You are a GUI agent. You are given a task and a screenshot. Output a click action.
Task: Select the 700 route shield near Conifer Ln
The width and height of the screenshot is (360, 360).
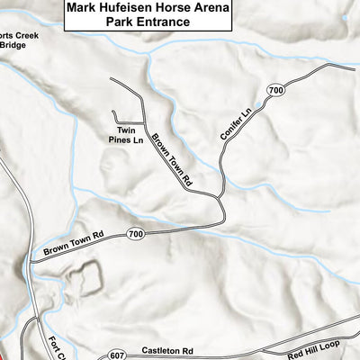click(275, 91)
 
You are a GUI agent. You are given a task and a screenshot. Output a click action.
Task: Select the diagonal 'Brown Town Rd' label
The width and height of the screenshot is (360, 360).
click(173, 159)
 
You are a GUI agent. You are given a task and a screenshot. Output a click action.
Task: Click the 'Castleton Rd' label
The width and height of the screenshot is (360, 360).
click(167, 349)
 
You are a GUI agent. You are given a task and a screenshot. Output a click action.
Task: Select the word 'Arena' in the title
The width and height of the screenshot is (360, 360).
click(209, 9)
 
